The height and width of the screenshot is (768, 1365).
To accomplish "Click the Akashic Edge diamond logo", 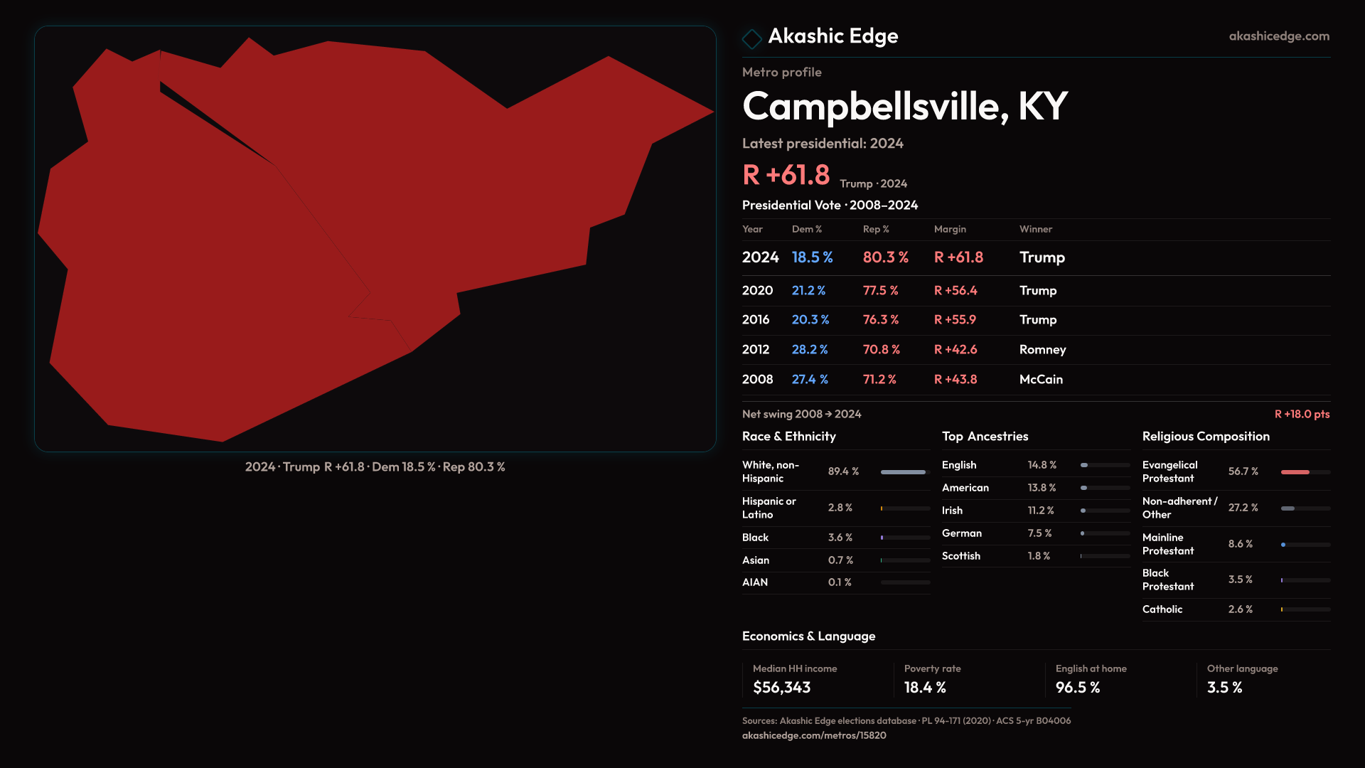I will (751, 38).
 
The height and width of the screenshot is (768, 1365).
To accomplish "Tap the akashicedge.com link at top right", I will (1278, 36).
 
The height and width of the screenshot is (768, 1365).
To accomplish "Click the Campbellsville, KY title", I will (904, 107).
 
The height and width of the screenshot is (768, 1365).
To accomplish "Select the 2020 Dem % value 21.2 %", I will (808, 291).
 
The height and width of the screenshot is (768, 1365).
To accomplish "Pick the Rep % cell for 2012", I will (881, 350).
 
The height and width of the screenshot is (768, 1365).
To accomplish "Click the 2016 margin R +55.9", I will (955, 320).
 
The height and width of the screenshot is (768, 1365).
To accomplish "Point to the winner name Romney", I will (1042, 350).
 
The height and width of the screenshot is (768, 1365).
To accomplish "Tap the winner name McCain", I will (1041, 380).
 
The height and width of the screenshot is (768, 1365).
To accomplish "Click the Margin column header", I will (950, 229).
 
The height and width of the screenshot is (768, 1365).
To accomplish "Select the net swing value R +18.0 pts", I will (1301, 414).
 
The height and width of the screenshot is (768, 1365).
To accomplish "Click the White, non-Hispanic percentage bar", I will (904, 472).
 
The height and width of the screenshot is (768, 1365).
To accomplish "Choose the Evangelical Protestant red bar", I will (1295, 472).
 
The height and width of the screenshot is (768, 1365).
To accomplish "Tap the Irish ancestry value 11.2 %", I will (1041, 511).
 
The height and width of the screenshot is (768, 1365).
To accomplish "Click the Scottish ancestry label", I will (960, 556).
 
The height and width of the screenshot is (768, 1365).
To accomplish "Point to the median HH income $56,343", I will (781, 688).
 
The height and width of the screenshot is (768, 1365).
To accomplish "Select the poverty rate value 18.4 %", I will (925, 688).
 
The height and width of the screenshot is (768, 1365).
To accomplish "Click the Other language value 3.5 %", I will (1224, 688).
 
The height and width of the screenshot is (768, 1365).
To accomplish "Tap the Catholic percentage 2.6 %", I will (1240, 609).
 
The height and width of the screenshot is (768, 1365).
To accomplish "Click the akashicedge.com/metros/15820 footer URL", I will (814, 735).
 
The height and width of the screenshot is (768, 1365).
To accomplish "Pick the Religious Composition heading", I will (1205, 437).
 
